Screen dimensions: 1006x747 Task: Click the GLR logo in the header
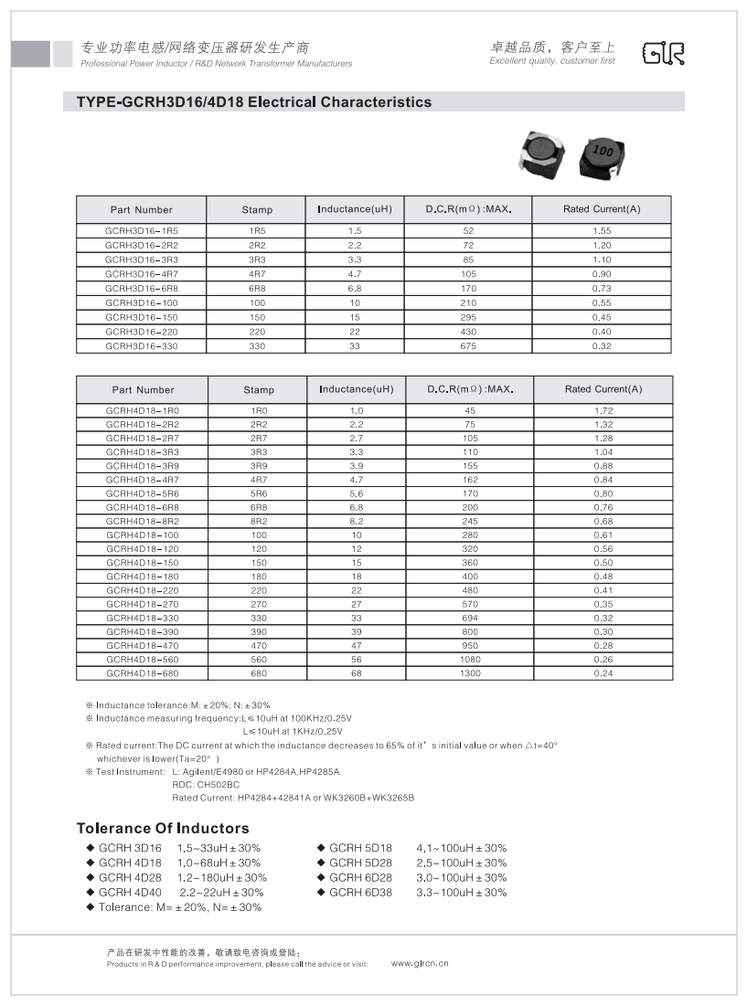[x=663, y=54]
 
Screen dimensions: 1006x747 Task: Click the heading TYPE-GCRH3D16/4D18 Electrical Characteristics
[x=248, y=102]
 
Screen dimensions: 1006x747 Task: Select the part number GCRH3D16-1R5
[x=142, y=231]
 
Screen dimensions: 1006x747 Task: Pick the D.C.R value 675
[x=469, y=346]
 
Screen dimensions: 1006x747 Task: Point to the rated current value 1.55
[x=602, y=231]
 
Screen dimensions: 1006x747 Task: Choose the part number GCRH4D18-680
[x=143, y=673]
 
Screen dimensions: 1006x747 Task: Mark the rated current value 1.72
[x=603, y=410]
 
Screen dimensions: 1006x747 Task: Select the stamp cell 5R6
[x=259, y=492]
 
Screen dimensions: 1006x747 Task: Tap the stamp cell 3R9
[x=259, y=465]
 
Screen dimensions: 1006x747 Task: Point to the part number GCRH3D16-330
[x=142, y=346]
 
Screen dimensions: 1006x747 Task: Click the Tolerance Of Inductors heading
[x=163, y=829]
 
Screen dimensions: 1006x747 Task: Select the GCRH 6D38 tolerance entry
[x=360, y=893]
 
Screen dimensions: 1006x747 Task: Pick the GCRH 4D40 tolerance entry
[x=130, y=893]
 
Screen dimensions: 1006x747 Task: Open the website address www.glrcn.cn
[x=420, y=963]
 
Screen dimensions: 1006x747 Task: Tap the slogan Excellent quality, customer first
[x=552, y=61]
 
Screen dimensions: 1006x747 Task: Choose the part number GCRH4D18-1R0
[x=143, y=410]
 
